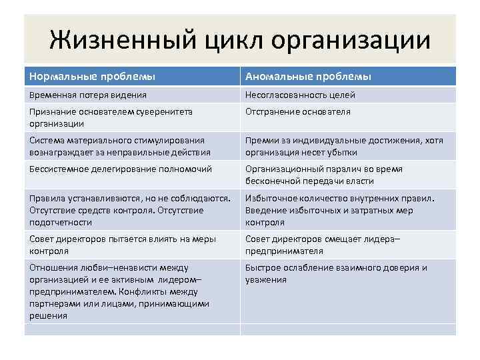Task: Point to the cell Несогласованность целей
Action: click(x=300, y=95)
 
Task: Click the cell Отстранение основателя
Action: click(x=297, y=111)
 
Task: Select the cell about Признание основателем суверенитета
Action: click(x=111, y=117)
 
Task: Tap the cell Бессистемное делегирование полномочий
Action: click(x=121, y=169)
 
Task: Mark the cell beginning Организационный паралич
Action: click(x=323, y=175)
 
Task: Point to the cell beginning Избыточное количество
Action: click(x=339, y=210)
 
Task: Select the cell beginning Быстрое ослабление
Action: click(x=336, y=273)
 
